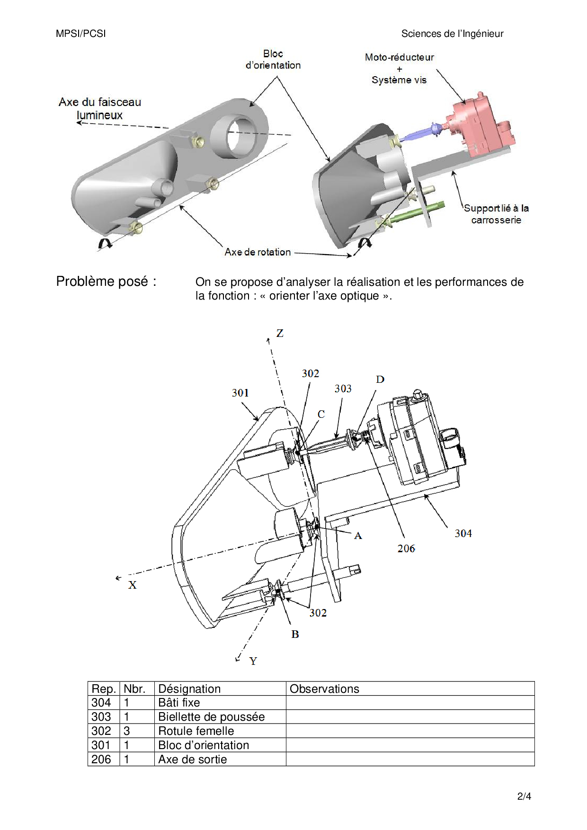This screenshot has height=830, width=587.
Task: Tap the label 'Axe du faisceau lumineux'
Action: coord(100,108)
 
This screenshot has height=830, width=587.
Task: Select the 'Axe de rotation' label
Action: coord(258,252)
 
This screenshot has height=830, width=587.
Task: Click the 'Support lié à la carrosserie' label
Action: coord(496,214)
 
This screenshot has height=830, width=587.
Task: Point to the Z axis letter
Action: coord(280,333)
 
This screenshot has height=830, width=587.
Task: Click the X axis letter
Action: coord(133,585)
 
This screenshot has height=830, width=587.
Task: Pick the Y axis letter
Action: coord(253,661)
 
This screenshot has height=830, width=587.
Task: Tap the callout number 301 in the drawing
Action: coord(240,393)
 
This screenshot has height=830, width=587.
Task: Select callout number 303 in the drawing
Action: coord(343,389)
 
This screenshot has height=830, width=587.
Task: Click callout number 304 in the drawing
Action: coord(463,533)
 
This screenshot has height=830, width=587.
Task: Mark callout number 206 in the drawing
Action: coord(406,548)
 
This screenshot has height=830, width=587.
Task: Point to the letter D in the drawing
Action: coord(380,380)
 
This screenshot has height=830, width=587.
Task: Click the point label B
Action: coord(295,634)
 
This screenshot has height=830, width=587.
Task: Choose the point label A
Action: coord(358,536)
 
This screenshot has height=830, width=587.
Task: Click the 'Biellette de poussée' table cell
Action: coord(212,717)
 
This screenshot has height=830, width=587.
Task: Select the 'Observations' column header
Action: coord(324,689)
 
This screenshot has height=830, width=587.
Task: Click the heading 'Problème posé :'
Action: coord(106,282)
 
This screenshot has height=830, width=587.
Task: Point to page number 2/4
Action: coord(524,796)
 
